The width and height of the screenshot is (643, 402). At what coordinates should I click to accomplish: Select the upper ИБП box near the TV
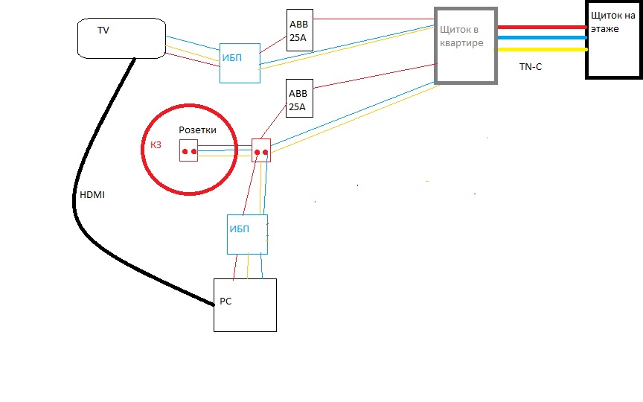(x=240, y=63)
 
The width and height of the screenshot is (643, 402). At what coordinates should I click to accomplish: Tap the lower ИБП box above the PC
(x=247, y=234)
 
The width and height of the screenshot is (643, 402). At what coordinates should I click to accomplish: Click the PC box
(x=245, y=304)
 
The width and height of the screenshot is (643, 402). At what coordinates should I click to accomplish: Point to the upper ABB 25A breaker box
(x=300, y=30)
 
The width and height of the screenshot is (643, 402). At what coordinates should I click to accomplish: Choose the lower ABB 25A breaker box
(x=300, y=99)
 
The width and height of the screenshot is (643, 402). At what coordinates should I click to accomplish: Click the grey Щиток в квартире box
(x=466, y=45)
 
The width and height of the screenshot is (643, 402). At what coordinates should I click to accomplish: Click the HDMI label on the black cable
(x=92, y=194)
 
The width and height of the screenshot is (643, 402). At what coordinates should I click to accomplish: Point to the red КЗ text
(x=150, y=147)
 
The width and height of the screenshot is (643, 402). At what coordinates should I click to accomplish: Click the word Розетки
(x=197, y=130)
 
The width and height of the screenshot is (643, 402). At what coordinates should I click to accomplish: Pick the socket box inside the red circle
(x=188, y=151)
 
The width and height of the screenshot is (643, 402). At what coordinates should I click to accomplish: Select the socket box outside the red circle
(x=261, y=151)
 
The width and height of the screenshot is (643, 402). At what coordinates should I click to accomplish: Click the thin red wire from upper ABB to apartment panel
(x=372, y=32)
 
